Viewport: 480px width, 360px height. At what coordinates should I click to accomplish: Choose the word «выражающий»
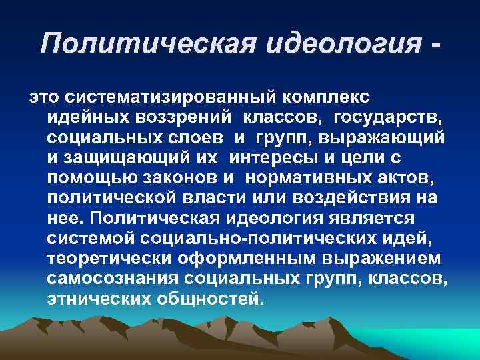pos(393,139)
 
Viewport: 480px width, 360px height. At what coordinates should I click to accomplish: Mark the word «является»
pos(379,219)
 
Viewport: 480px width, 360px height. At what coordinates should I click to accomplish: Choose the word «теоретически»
pos(110,258)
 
